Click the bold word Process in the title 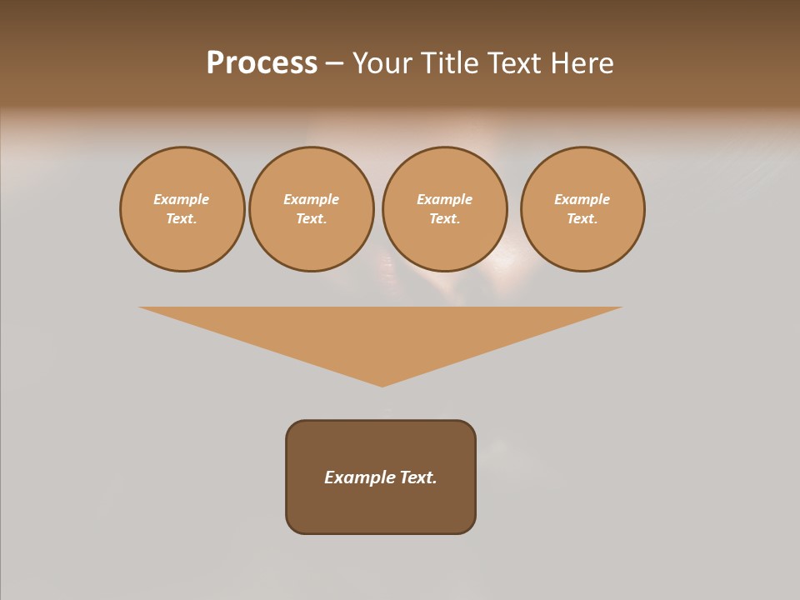coord(262,63)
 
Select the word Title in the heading coord(449,63)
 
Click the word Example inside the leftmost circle coord(182,199)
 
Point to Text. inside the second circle coord(312,219)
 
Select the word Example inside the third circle coord(444,199)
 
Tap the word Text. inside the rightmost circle coord(582,219)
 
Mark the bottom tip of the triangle coord(382,384)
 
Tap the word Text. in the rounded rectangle coord(417,477)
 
